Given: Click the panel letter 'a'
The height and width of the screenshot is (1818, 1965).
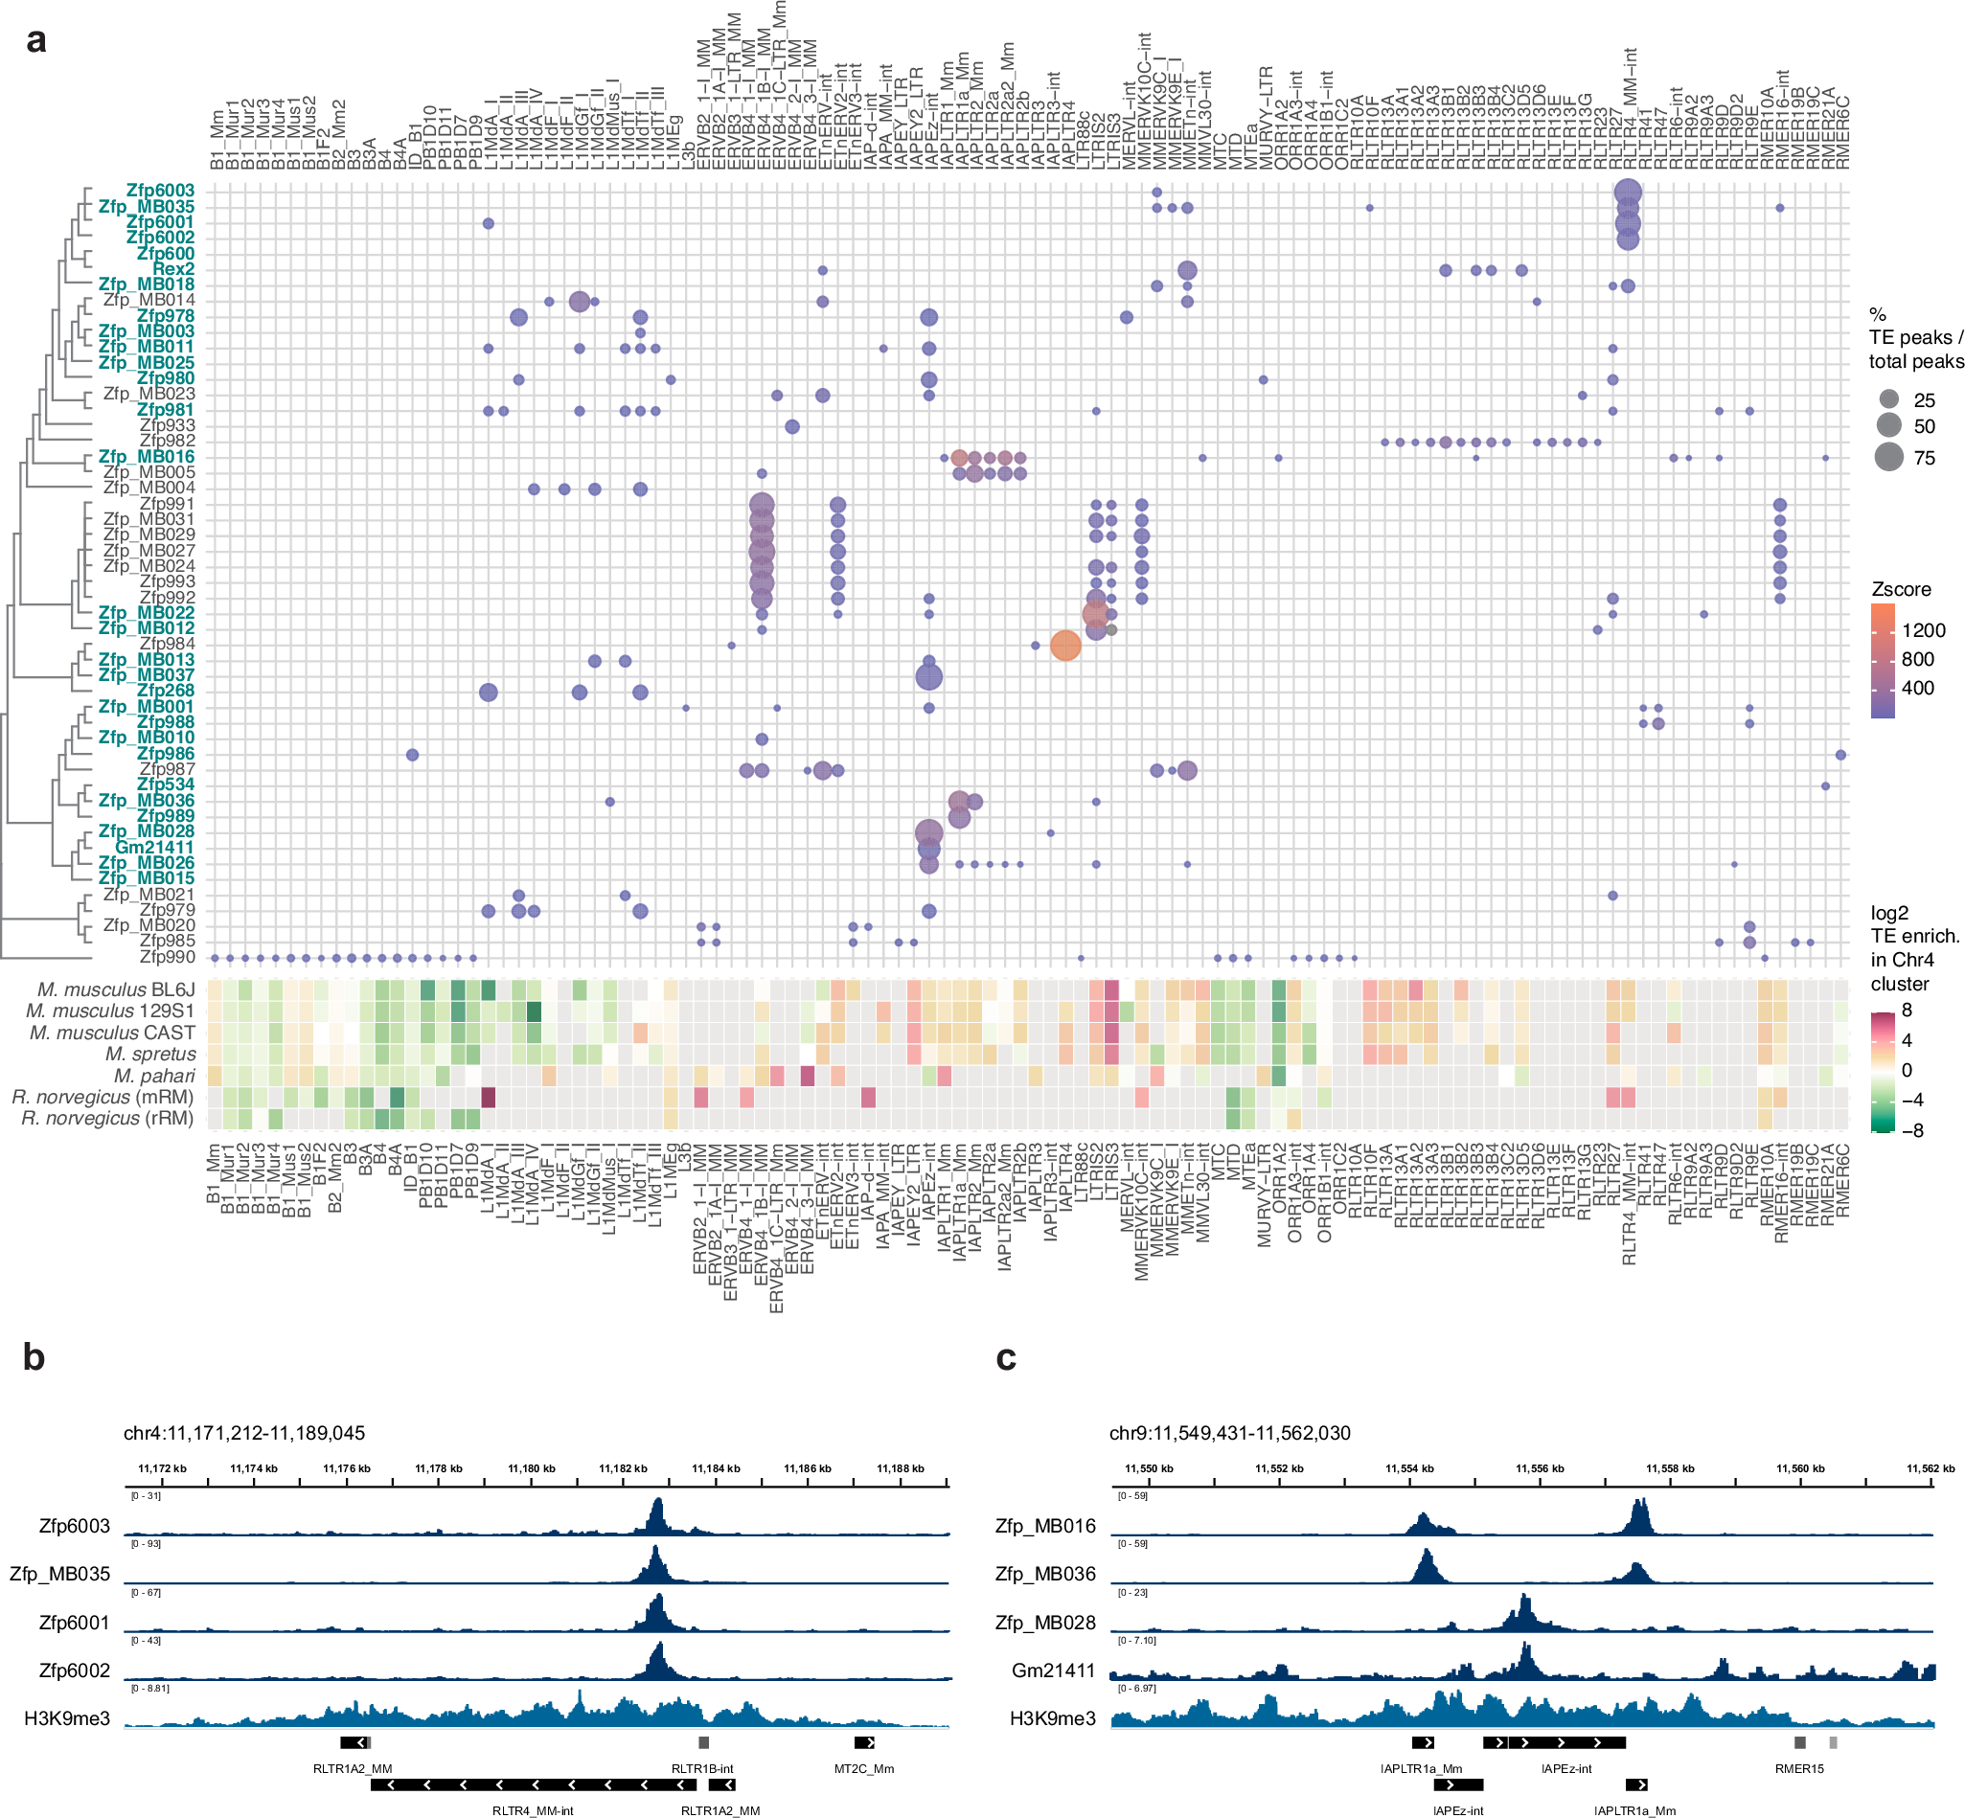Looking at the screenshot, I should (35, 41).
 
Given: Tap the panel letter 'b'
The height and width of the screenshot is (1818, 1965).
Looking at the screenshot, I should (34, 1357).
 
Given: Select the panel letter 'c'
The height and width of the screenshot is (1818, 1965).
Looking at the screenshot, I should (1006, 1357).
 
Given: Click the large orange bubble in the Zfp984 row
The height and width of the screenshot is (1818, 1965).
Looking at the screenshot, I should (1065, 646).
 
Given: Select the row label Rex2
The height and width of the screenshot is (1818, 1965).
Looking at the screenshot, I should (173, 268).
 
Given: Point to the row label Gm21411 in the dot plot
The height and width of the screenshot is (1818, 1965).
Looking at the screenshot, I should (154, 847).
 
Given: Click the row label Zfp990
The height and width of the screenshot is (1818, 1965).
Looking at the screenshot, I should (167, 957).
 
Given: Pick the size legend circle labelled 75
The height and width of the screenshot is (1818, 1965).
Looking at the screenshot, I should (1888, 458).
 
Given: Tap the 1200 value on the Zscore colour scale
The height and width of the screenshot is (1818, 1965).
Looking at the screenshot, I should (1923, 630).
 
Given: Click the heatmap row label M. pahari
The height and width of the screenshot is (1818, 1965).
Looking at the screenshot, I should (154, 1076).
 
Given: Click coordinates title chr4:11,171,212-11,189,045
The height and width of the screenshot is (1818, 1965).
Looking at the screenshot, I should (244, 1432).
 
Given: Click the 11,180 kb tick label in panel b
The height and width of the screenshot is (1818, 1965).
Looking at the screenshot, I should (532, 1468).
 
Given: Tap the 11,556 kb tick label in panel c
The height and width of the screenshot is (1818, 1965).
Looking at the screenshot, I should (1540, 1468).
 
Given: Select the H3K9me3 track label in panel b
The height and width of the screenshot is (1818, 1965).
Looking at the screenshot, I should (67, 1718).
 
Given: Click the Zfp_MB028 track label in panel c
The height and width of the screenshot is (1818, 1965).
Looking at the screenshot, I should (1045, 1623).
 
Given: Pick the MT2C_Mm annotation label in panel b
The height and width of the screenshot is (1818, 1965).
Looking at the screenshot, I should (864, 1769).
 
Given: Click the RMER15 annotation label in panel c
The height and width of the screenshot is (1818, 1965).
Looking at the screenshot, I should (1798, 1769).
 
